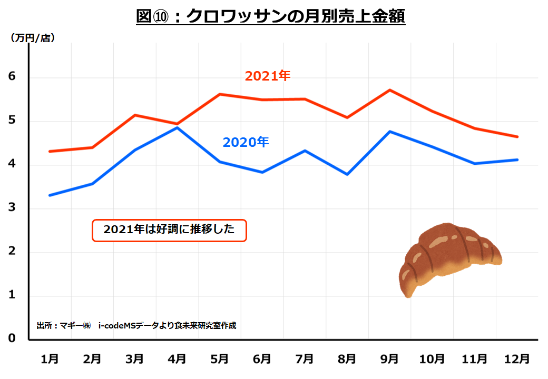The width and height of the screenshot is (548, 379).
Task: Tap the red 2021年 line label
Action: tap(268, 76)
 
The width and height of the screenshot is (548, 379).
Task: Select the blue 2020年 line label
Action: tap(246, 142)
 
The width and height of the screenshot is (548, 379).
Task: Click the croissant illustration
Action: tap(449, 258)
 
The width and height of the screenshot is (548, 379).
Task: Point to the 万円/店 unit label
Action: tap(33, 38)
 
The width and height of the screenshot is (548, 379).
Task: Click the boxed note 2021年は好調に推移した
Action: tap(169, 230)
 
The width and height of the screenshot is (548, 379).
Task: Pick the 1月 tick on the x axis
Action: tap(50, 359)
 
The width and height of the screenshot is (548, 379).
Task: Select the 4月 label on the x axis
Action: tap(177, 359)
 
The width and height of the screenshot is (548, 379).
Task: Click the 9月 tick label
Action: tap(389, 359)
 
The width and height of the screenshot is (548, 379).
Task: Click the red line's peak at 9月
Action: tap(389, 90)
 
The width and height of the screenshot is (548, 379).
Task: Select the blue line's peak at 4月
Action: tap(177, 127)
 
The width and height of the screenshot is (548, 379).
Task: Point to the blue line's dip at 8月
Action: tap(347, 174)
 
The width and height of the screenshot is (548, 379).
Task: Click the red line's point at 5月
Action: tap(219, 94)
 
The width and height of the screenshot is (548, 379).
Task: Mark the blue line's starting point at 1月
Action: tap(50, 195)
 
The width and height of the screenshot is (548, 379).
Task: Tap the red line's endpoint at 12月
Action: tap(517, 137)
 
